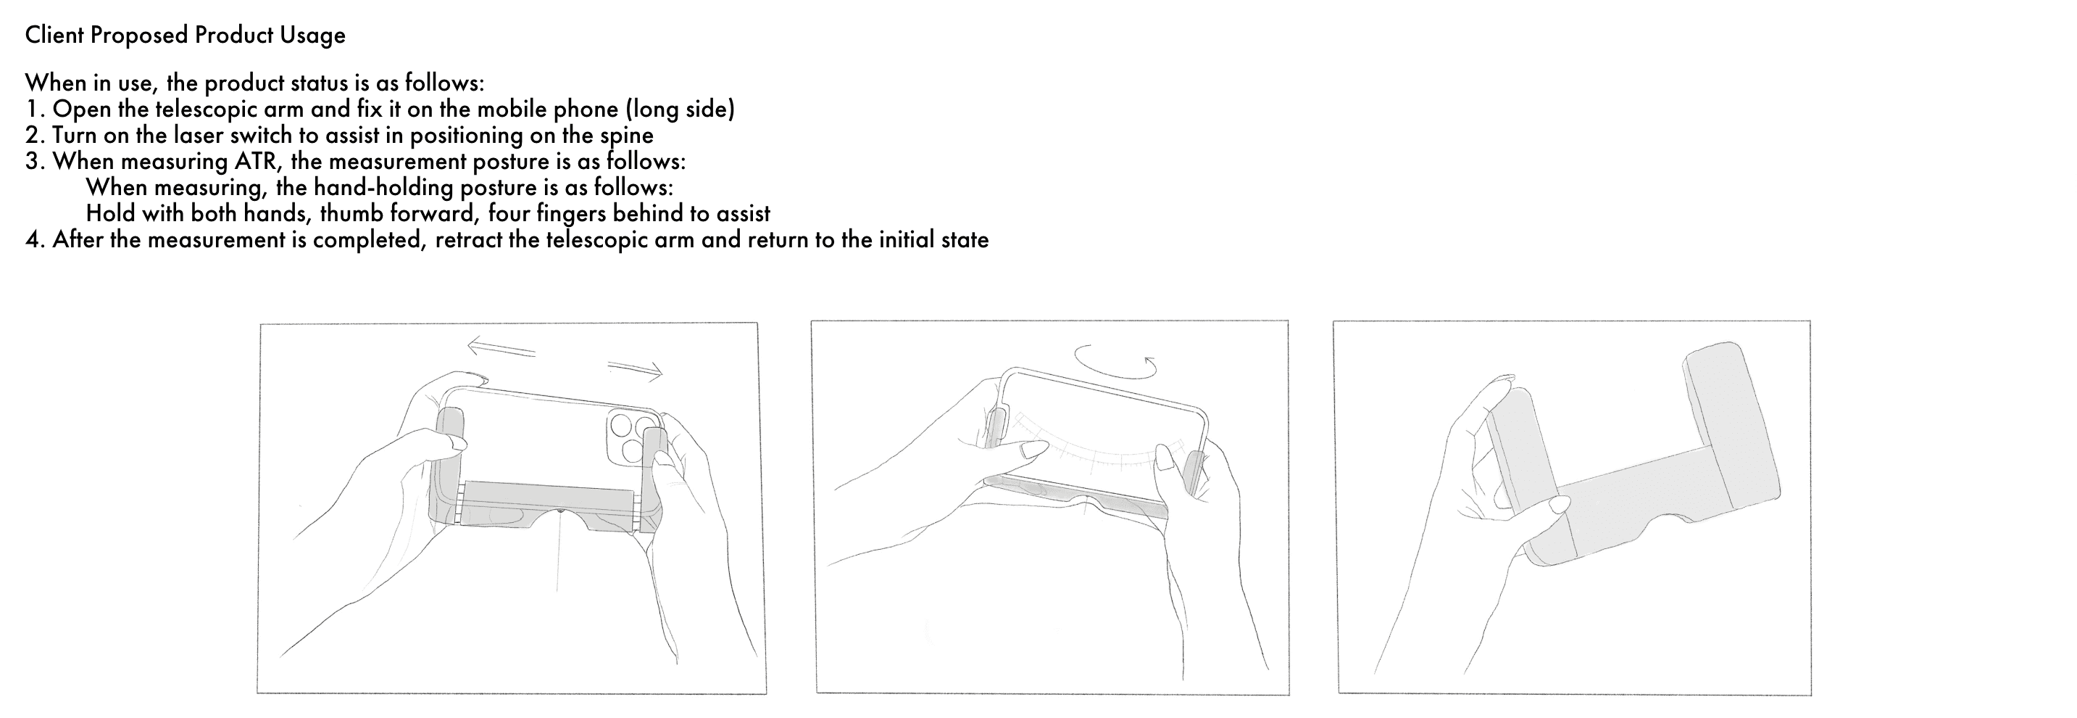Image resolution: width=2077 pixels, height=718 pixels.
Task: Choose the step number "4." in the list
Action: pos(36,239)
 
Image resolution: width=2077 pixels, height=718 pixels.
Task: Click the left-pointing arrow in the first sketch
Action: pos(501,347)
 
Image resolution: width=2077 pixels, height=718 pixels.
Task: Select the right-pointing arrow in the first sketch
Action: pos(636,368)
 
